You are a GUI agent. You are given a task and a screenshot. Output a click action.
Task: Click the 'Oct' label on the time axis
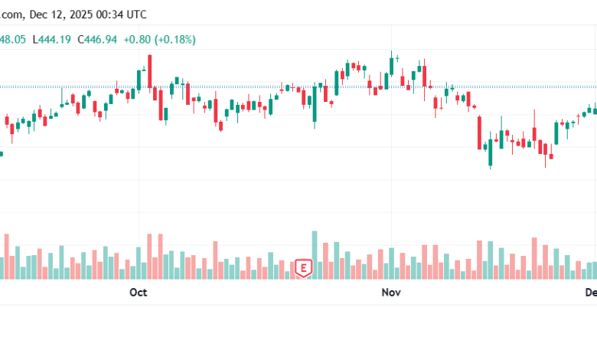[138, 292]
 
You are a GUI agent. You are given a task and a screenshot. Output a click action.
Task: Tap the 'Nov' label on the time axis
[391, 292]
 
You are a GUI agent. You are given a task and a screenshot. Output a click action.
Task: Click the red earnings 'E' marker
[305, 268]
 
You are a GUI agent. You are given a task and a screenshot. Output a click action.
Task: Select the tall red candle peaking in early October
[150, 73]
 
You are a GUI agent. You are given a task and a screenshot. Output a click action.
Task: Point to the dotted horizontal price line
[230, 87]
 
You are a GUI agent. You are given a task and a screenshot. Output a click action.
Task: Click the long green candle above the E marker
[315, 103]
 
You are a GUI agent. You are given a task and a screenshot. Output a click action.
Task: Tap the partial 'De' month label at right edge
[591, 292]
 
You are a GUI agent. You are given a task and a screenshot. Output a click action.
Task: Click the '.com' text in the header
[14, 14]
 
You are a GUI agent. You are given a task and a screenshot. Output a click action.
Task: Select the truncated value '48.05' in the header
[13, 39]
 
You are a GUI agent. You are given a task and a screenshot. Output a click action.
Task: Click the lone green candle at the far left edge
[1, 154]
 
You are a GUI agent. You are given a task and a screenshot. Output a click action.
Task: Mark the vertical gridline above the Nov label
[391, 191]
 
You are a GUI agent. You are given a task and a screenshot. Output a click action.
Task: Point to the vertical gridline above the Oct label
[138, 191]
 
